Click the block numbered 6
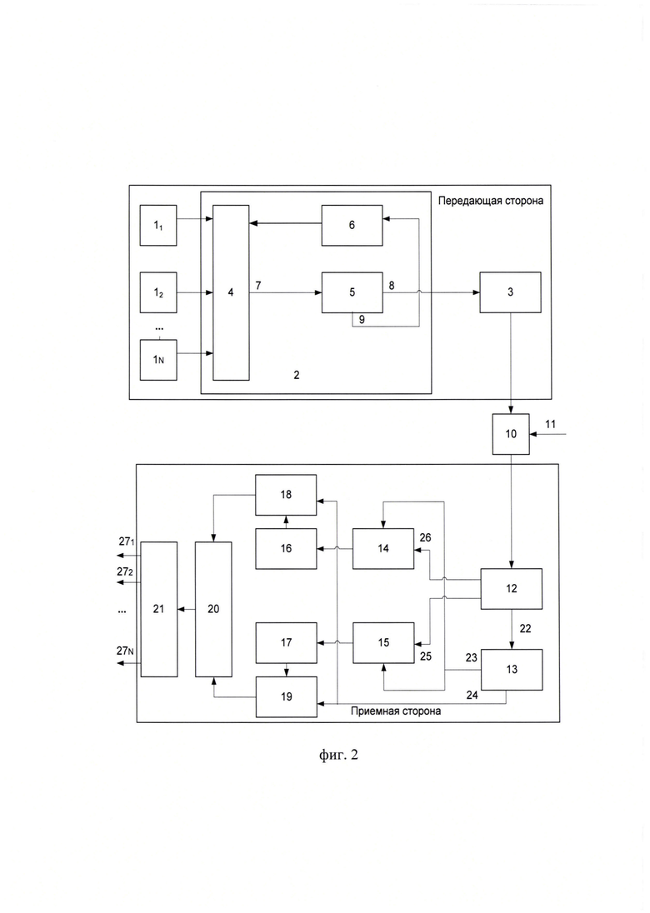[352, 225]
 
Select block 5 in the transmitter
[352, 292]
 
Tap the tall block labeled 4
[231, 292]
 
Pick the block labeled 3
[510, 292]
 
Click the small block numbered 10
[511, 434]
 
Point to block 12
[512, 589]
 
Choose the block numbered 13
[512, 670]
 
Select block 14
[383, 548]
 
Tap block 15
[383, 643]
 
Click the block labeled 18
[286, 494]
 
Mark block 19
[286, 697]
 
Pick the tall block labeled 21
[159, 609]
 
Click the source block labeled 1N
[158, 360]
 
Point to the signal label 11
[550, 425]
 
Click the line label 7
[258, 285]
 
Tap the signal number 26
[425, 537]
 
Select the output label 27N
[125, 651]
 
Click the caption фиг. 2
[338, 756]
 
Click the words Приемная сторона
[396, 711]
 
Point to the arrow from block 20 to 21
[187, 609]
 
